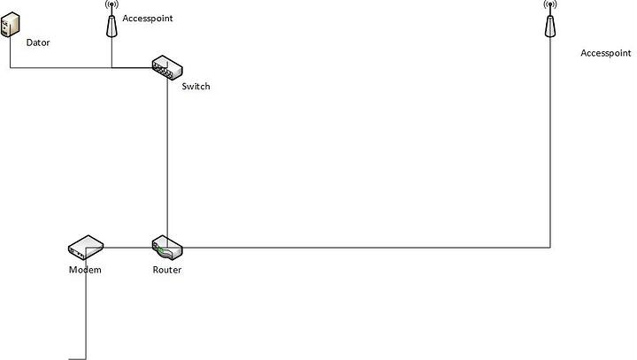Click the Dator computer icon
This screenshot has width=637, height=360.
(10, 25)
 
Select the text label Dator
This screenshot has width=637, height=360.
(39, 42)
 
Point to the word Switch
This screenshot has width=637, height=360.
(196, 87)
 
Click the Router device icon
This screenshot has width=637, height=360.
(166, 247)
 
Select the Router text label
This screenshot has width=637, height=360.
(166, 270)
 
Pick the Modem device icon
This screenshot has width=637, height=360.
(86, 246)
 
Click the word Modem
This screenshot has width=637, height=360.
(85, 270)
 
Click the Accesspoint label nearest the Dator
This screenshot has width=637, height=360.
(148, 18)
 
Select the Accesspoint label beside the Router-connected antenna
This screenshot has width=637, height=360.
(606, 53)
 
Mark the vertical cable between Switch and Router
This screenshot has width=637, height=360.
(167, 159)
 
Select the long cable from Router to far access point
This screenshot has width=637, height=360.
(372, 248)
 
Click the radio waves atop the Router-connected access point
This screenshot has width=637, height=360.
(549, 5)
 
